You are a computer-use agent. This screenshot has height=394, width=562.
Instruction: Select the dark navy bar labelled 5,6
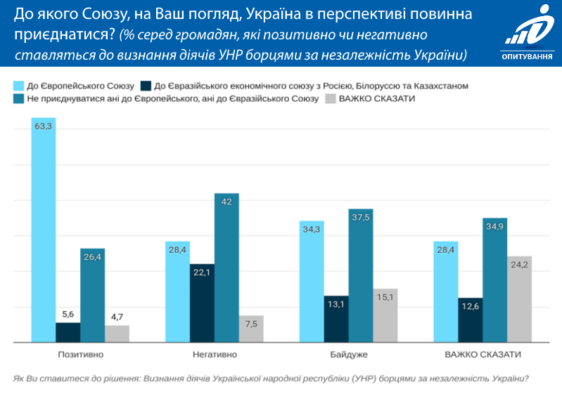pos(68,332)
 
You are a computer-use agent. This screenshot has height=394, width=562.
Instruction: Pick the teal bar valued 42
pos(226,268)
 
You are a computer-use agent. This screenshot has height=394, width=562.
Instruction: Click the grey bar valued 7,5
pos(251,329)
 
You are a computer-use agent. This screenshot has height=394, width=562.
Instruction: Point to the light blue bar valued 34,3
pos(312,282)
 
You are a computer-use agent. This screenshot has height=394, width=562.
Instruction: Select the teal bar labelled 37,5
pos(360,275)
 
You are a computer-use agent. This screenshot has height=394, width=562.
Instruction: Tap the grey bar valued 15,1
pos(385,315)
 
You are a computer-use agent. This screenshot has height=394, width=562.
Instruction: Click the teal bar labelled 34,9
pos(494,280)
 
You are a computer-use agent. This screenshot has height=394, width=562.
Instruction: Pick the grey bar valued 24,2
pos(519,299)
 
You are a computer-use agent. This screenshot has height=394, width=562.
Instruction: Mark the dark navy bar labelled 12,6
pos(470,320)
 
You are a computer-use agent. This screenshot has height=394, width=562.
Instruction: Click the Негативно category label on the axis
pos(215,354)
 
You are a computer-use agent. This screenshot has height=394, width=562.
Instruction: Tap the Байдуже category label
pos(349,354)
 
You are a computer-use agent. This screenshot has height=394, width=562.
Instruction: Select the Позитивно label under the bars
pos(80,354)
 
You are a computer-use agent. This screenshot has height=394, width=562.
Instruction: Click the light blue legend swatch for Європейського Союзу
pos(18,85)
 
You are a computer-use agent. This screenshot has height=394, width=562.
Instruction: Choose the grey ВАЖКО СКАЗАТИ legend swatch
pos(330,99)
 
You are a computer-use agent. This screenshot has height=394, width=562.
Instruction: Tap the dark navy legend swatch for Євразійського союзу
pos(146,85)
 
